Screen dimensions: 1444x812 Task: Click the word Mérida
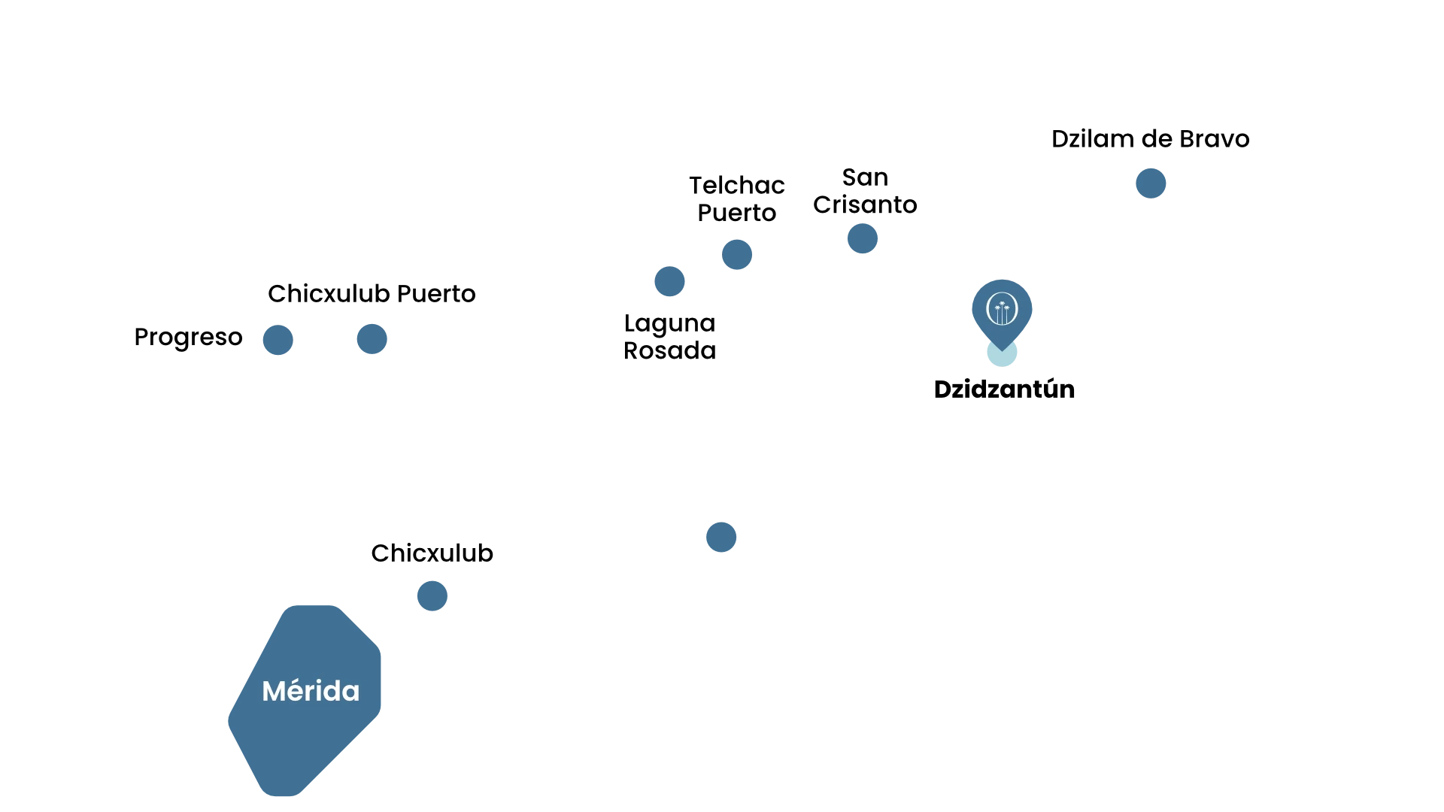pyautogui.click(x=311, y=691)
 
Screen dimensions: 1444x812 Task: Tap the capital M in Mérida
pyautogui.click(x=274, y=692)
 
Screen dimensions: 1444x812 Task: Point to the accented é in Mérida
pyautogui.click(x=296, y=691)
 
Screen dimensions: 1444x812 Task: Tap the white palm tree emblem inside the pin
pyautogui.click(x=1002, y=309)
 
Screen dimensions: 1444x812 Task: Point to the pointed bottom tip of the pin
pyautogui.click(x=1002, y=349)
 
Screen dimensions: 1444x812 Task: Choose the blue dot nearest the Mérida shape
pyautogui.click(x=432, y=595)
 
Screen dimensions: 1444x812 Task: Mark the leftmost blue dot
pyautogui.click(x=277, y=341)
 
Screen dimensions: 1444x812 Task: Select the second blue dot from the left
pyautogui.click(x=372, y=338)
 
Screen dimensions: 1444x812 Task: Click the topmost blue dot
pyautogui.click(x=1149, y=183)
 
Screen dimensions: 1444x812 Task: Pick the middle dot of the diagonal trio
pyautogui.click(x=737, y=253)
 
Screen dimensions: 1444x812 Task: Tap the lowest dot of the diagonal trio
pyautogui.click(x=669, y=282)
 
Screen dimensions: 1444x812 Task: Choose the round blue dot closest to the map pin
pyautogui.click(x=862, y=238)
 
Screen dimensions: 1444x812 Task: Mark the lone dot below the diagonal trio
pyautogui.click(x=721, y=536)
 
